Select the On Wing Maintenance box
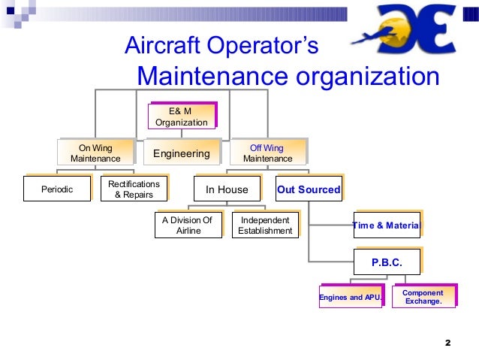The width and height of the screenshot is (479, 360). point(95,153)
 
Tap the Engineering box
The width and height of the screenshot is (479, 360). point(182,153)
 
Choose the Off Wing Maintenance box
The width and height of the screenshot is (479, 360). point(268,153)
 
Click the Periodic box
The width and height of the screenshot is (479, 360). point(58,189)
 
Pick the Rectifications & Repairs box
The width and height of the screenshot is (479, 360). point(134,189)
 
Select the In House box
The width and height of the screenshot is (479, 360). point(227,189)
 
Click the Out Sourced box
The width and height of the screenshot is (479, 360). point(309,189)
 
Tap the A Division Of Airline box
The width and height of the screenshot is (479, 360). point(188,225)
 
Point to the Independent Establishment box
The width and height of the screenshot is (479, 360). point(265,225)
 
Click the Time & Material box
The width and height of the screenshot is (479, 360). point(387,225)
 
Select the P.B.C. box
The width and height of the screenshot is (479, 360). point(387,262)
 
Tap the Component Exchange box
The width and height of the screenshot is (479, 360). point(423,297)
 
